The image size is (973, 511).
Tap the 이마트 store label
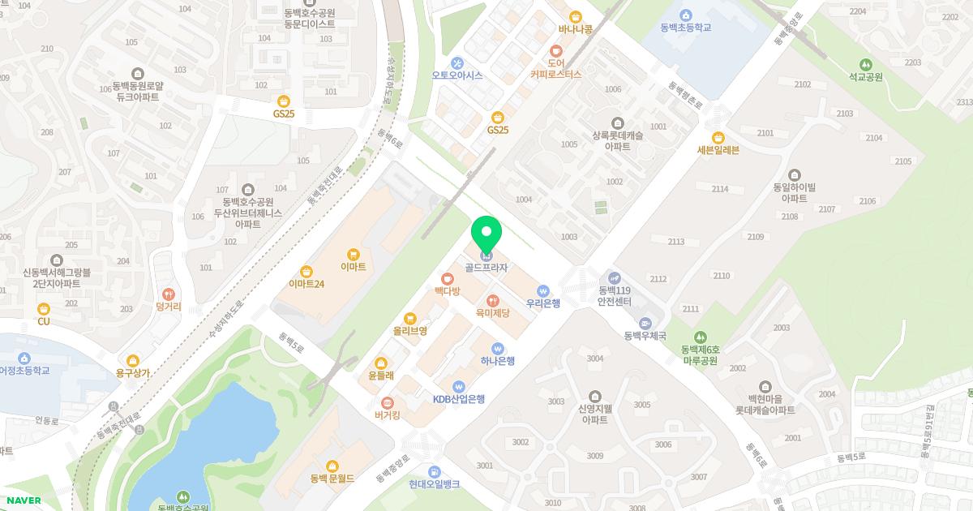point(354,266)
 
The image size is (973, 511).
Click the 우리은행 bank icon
point(543,290)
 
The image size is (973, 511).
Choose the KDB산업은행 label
point(458,399)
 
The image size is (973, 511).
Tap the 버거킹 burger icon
point(388,402)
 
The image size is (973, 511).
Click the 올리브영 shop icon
point(410,318)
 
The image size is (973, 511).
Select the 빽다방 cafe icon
point(447,279)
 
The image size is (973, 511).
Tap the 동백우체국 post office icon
point(645,323)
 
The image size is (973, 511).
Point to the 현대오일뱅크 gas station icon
point(435,471)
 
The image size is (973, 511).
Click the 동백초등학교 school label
point(685,27)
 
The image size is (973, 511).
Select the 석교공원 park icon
point(865,65)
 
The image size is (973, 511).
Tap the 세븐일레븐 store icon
point(718,137)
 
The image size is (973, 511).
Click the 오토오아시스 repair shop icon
point(457,62)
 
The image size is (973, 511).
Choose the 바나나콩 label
point(576,29)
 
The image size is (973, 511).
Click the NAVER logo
point(23,500)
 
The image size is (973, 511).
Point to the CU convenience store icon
point(44,308)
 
